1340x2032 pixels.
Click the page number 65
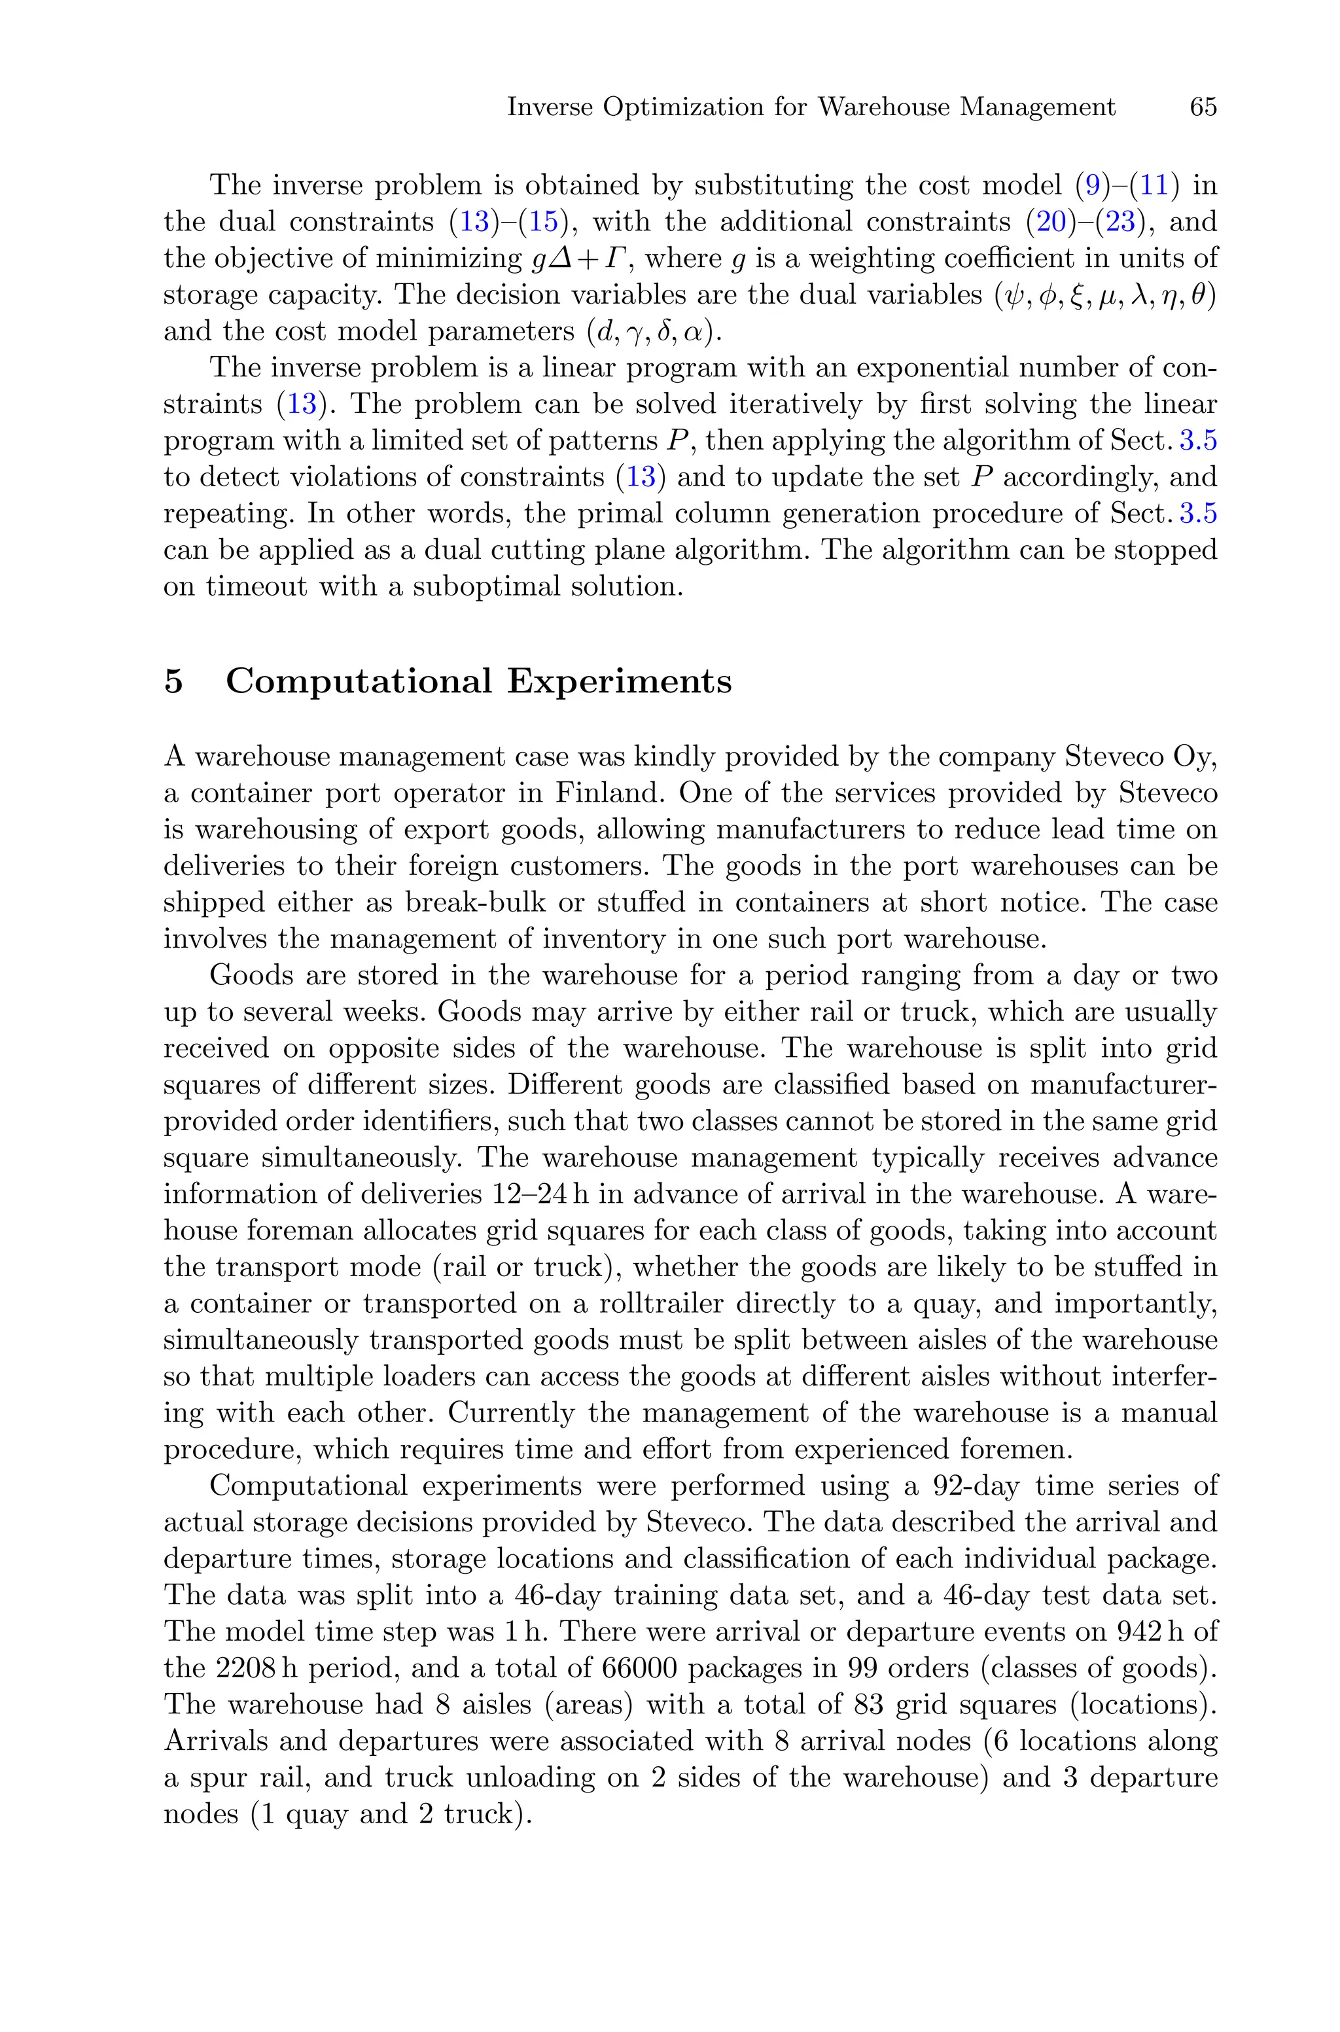pos(1203,108)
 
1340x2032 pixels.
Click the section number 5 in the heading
pos(173,682)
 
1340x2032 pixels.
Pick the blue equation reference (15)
pos(542,222)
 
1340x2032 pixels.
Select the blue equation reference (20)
pos(1050,222)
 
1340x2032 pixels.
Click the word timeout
pos(256,587)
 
